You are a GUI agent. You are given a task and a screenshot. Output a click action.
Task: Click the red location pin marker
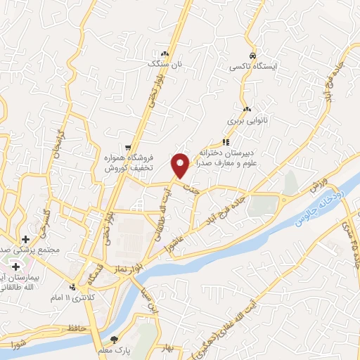[181, 165]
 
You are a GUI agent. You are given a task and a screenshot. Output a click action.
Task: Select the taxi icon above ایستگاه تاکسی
[251, 55]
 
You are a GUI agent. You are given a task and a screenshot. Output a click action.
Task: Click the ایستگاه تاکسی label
[251, 67]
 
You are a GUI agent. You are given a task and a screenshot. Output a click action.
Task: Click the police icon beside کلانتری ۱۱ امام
[73, 286]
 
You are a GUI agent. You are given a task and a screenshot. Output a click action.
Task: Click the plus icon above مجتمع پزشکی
[25, 240]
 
